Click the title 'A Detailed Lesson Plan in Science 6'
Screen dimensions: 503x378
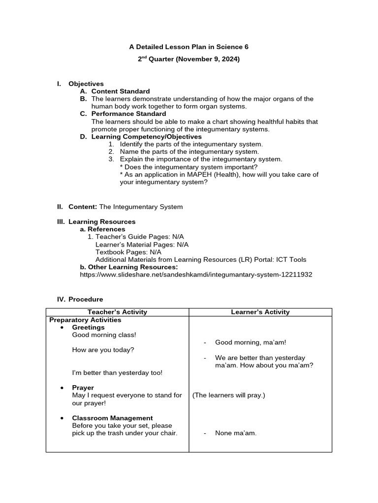tap(189, 47)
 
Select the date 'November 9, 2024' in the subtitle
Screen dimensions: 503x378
tap(207, 59)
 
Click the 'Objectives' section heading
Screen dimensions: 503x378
tap(86, 84)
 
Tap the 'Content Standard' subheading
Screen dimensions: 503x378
tap(121, 91)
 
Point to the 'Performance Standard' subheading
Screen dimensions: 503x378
tap(128, 114)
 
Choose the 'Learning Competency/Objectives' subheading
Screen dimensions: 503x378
tap(146, 137)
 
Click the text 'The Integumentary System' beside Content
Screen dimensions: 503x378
tap(141, 207)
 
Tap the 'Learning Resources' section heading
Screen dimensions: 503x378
tap(102, 222)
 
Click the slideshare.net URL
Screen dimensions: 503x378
tap(196, 275)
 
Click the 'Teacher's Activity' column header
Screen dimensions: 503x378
tap(117, 312)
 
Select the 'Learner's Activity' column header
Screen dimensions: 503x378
tap(260, 312)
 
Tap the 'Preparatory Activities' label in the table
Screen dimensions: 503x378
tap(85, 320)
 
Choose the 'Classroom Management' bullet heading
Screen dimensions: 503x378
tap(112, 418)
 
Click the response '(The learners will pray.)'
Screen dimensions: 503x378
tap(229, 395)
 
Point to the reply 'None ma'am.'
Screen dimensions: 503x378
tap(236, 433)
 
